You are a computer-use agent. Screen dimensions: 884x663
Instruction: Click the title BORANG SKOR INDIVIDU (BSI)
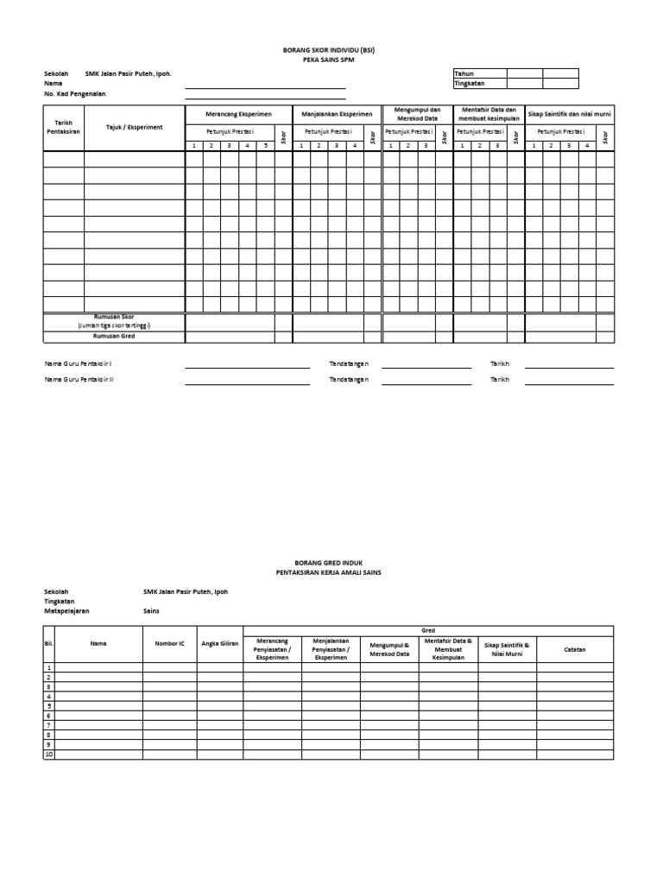point(331,52)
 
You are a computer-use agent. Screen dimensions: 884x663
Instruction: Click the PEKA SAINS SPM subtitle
point(331,61)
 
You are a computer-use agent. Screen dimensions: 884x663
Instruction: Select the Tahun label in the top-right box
point(464,74)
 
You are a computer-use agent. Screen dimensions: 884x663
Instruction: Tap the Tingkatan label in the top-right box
point(470,84)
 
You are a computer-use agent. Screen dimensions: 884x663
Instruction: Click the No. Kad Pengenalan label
point(74,94)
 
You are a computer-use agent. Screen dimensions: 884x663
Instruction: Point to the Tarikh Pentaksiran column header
point(63,127)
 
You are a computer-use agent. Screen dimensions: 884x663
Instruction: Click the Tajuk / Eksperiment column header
point(134,127)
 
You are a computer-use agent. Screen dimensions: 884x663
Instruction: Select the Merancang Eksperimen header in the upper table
point(237,114)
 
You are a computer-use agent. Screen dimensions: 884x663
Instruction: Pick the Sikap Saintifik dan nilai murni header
point(569,114)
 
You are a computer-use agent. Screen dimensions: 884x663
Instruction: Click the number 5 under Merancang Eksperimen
point(265,146)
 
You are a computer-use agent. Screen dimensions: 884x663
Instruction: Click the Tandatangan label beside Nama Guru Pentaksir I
point(349,364)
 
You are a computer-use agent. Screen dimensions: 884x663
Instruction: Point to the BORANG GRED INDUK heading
point(331,562)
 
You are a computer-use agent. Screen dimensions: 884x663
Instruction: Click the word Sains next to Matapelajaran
point(152,610)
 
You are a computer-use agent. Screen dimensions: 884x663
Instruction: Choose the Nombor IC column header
point(169,644)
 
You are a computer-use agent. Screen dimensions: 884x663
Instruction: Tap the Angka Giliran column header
point(219,644)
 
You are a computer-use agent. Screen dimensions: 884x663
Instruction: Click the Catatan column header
point(574,649)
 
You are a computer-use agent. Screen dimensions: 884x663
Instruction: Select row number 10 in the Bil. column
point(49,755)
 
